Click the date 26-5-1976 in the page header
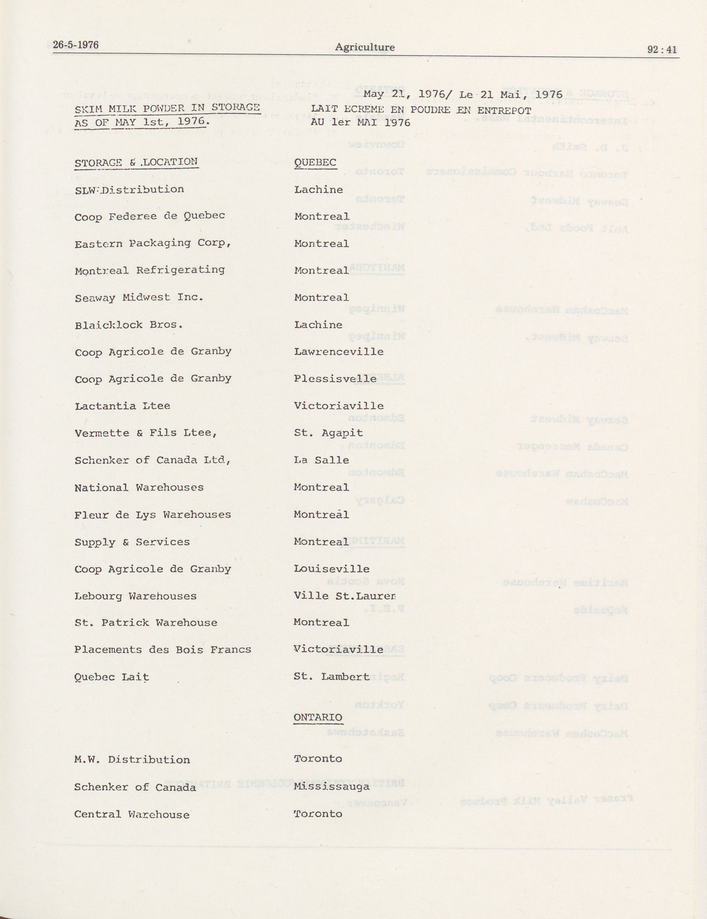(76, 45)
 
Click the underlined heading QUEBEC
(315, 163)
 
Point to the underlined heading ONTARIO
(318, 717)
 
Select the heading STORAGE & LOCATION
(136, 162)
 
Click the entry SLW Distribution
(129, 190)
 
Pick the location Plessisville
(335, 379)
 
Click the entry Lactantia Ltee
(122, 406)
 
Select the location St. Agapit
(328, 433)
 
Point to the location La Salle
(322, 460)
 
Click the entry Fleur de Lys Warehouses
(152, 515)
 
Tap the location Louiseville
(332, 569)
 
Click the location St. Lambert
(332, 677)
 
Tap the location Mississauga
(332, 787)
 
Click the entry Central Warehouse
(132, 814)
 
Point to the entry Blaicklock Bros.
(128, 325)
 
